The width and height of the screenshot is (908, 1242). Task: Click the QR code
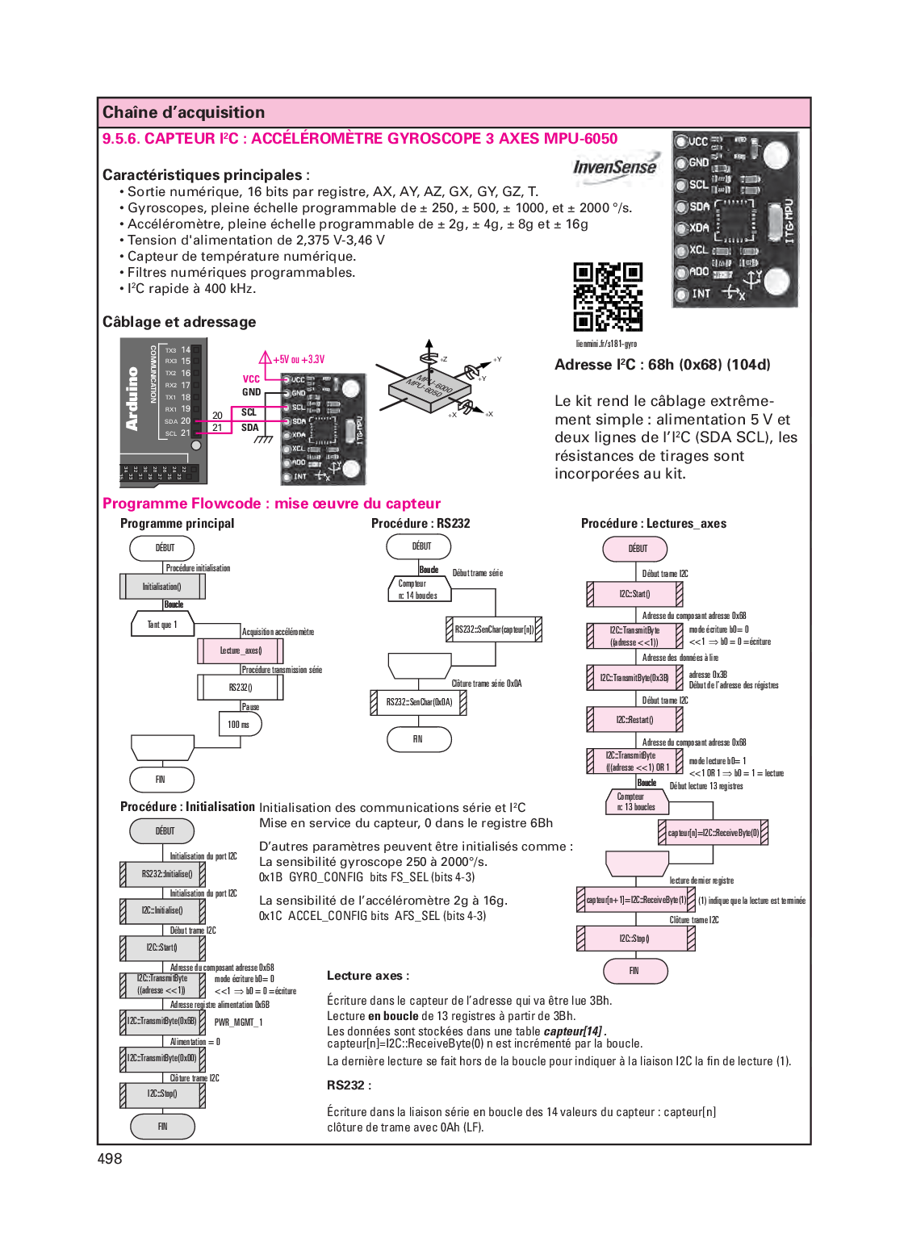tap(608, 296)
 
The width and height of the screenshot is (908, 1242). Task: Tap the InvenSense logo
tap(614, 167)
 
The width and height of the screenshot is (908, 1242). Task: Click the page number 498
tap(110, 1159)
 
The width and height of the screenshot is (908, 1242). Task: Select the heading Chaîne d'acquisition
tap(183, 112)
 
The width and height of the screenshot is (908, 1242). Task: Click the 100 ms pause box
tap(240, 725)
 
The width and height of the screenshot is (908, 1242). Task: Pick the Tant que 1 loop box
tap(162, 625)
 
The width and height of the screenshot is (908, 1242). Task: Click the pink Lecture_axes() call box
tap(241, 650)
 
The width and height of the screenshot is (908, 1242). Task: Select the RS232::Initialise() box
tap(163, 874)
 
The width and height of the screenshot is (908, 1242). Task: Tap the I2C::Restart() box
tap(634, 719)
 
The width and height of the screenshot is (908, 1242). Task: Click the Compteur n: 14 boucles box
tap(418, 590)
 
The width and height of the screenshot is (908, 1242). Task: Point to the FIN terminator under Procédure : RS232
tap(418, 739)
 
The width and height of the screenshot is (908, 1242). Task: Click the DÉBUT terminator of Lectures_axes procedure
tap(635, 549)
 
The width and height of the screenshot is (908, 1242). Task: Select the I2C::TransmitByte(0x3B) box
tap(634, 678)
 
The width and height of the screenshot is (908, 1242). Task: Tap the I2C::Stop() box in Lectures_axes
tap(634, 939)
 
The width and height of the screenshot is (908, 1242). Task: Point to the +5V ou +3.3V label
tap(299, 360)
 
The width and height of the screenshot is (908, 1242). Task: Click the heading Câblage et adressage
tap(179, 322)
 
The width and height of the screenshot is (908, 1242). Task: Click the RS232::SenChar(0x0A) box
tap(418, 702)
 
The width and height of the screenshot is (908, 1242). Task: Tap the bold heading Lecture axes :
tap(367, 976)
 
